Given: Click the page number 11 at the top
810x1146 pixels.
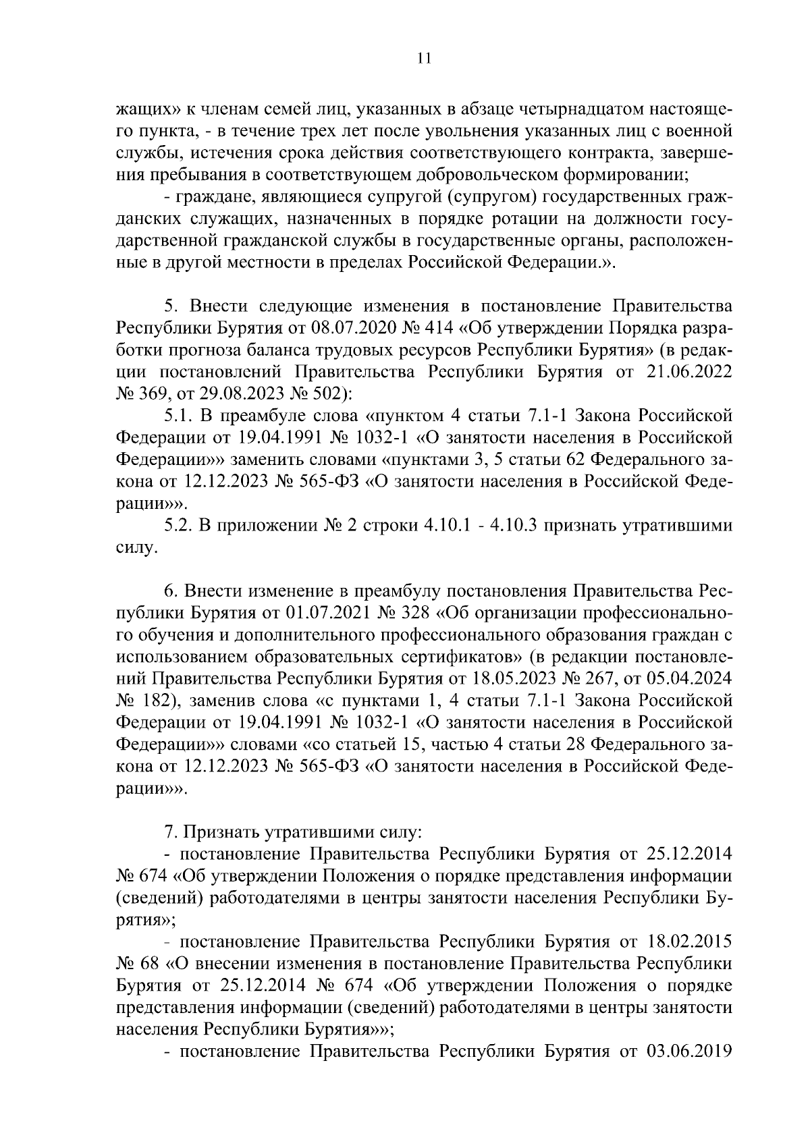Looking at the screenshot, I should [405, 59].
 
